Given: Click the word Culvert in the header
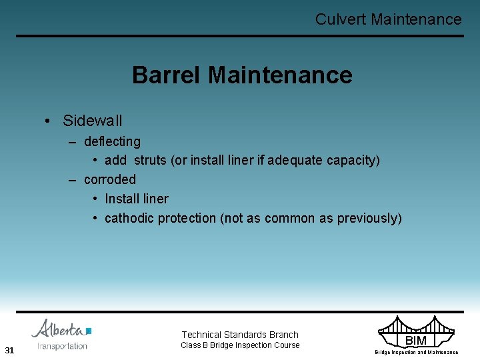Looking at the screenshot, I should click(340, 19).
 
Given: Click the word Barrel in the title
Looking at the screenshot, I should click(167, 75).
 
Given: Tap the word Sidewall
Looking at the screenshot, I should click(92, 121).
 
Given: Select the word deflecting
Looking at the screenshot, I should click(112, 141).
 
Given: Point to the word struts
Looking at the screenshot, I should click(150, 161).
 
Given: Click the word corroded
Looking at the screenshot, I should click(109, 179).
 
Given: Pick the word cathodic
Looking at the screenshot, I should click(129, 218).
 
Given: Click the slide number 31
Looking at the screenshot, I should click(9, 350).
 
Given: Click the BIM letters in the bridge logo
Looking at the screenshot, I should click(415, 341).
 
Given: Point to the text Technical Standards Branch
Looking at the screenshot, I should click(240, 335).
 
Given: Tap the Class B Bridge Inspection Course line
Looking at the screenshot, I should click(240, 345).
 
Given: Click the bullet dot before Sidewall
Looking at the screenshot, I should click(49, 121).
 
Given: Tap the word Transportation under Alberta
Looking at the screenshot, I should click(62, 346).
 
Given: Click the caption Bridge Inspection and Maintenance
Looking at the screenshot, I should click(416, 352).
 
